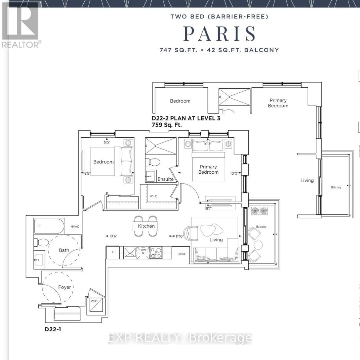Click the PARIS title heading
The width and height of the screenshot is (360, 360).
(x=219, y=34)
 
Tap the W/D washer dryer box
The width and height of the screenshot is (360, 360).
(x=96, y=305)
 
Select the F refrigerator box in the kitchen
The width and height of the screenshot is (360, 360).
(x=113, y=253)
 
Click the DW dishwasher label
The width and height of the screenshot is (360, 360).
(x=143, y=250)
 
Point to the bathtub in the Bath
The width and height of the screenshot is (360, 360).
(x=49, y=226)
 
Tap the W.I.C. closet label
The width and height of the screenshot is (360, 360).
(x=154, y=196)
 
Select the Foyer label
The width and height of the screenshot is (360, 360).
(x=65, y=287)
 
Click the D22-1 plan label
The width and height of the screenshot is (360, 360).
(x=53, y=329)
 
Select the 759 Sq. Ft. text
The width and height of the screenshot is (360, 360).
(x=167, y=125)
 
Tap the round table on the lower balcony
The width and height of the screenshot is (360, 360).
(x=258, y=245)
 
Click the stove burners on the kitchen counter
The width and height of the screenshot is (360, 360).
(x=156, y=253)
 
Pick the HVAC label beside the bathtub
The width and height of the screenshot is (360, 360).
(x=75, y=227)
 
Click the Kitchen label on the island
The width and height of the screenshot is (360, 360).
(x=146, y=226)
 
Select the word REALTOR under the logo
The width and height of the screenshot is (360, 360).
(x=20, y=44)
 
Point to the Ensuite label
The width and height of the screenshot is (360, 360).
(x=166, y=179)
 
